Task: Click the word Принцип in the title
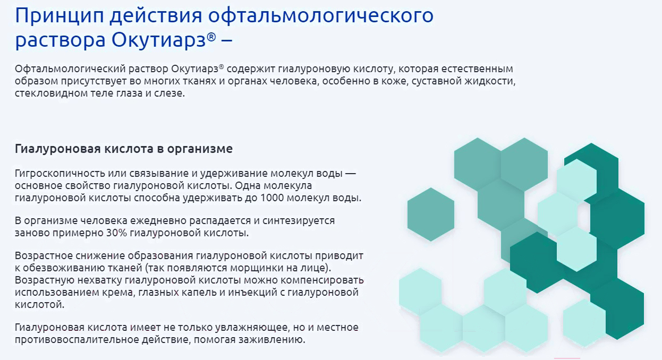click(60, 15)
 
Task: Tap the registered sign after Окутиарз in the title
click(211, 37)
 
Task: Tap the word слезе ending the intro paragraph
click(169, 93)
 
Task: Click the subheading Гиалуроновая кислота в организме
click(124, 149)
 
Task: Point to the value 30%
click(116, 233)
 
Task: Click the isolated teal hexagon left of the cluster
click(430, 214)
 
